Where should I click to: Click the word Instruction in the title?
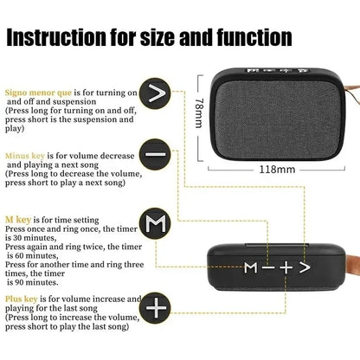point(101,37)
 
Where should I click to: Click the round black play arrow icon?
point(155,94)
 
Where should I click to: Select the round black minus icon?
point(155,157)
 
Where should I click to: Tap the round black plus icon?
point(155,307)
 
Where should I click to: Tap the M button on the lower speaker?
point(250,267)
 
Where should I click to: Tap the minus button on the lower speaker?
point(267,267)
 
